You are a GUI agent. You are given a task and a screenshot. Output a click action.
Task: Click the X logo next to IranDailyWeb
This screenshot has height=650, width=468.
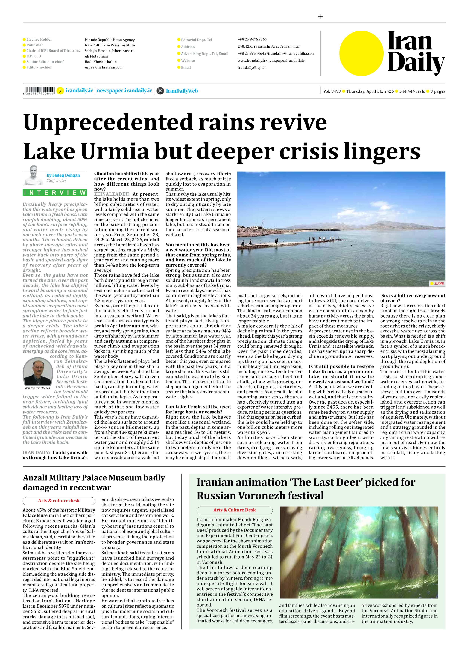pyautogui.click(x=161, y=91)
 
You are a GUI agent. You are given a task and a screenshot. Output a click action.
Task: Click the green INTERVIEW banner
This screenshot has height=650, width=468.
pyautogui.click(x=55, y=193)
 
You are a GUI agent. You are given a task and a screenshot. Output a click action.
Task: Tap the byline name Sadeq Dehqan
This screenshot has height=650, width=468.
pyautogui.click(x=63, y=175)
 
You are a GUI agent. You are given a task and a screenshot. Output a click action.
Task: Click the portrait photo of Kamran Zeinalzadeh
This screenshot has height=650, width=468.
pyautogui.click(x=38, y=371)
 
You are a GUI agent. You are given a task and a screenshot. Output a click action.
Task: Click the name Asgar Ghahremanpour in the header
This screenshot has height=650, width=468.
pyautogui.click(x=104, y=67)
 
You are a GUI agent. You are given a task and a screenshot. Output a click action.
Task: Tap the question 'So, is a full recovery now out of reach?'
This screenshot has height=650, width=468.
pyautogui.click(x=412, y=298)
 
